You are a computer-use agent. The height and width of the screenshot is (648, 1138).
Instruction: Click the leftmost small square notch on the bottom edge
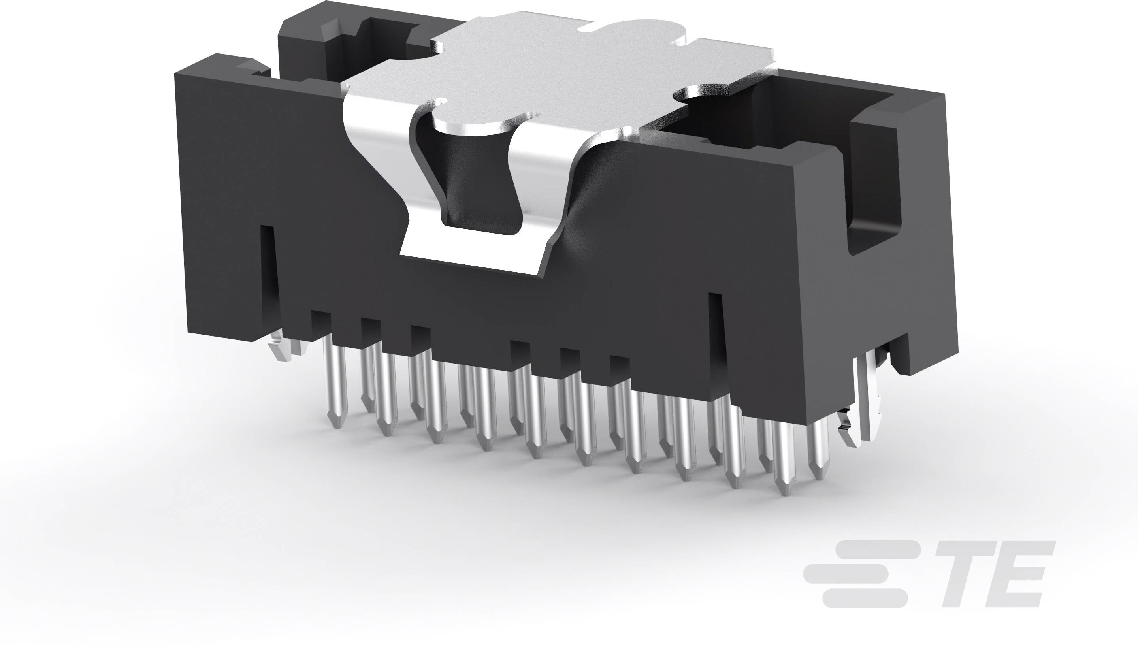321,320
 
